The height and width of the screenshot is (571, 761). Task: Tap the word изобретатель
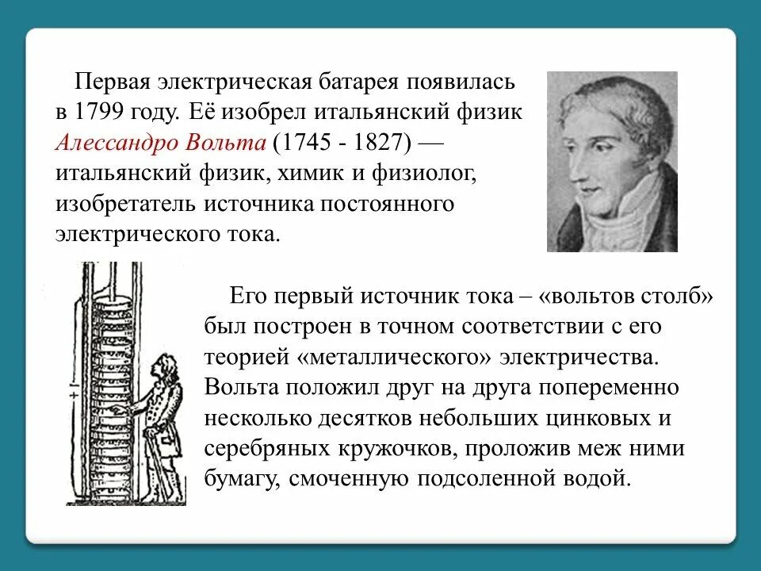(126, 204)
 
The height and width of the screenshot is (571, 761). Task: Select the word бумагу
(240, 480)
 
